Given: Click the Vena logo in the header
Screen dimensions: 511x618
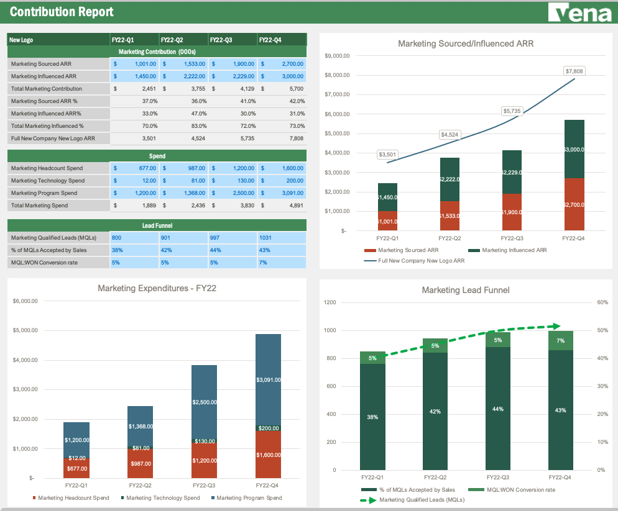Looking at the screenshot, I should tap(580, 13).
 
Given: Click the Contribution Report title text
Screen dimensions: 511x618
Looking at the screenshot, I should tap(62, 12).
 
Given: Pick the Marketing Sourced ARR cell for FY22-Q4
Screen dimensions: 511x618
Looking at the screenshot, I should tap(283, 64).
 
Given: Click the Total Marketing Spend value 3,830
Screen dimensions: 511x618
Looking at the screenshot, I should tap(233, 206).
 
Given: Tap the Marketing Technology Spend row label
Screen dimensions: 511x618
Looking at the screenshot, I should tap(48, 181).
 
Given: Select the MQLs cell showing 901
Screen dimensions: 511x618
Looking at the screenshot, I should tap(183, 238).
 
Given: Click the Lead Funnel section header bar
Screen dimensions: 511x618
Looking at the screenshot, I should tap(157, 225).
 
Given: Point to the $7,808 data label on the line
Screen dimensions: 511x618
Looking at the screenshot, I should tap(574, 71).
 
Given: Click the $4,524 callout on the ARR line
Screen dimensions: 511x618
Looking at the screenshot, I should tap(450, 135).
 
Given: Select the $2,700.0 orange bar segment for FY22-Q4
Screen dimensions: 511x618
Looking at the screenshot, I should tap(574, 204).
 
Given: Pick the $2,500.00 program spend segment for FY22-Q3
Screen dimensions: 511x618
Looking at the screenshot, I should tap(204, 402).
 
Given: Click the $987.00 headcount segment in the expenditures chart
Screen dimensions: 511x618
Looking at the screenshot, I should tap(141, 464).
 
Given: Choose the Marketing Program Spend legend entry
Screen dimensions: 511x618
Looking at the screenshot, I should tap(249, 498).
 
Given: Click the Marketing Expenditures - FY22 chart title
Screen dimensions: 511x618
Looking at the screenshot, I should tap(157, 288).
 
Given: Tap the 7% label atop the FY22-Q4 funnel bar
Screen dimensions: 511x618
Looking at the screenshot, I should tap(561, 340).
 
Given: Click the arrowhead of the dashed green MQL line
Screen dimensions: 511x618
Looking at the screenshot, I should tap(558, 326).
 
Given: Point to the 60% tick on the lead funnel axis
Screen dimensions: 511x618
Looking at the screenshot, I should tap(602, 302).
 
